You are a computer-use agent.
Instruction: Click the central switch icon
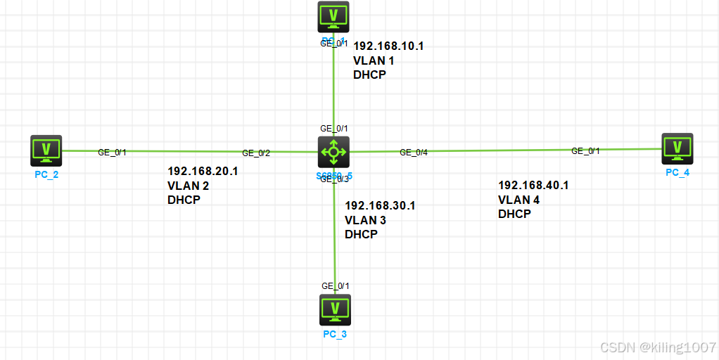pyautogui.click(x=333, y=150)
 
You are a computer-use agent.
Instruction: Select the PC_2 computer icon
pyautogui.click(x=46, y=150)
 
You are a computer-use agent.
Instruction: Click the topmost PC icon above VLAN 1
pyautogui.click(x=333, y=15)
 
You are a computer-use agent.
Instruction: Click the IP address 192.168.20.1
pyautogui.click(x=203, y=171)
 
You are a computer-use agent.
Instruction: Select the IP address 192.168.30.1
pyautogui.click(x=380, y=205)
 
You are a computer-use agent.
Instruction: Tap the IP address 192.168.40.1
pyautogui.click(x=533, y=185)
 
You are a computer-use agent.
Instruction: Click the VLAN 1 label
pyautogui.click(x=374, y=60)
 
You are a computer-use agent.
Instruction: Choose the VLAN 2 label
pyautogui.click(x=188, y=186)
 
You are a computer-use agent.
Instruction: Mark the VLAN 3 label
pyautogui.click(x=365, y=220)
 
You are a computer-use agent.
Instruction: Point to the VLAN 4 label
pyautogui.click(x=518, y=200)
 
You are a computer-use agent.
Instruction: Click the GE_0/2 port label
pyautogui.click(x=256, y=153)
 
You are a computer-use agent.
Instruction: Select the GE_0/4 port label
pyautogui.click(x=414, y=152)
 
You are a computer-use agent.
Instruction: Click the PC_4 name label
pyautogui.click(x=677, y=172)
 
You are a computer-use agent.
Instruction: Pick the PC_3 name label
pyautogui.click(x=335, y=334)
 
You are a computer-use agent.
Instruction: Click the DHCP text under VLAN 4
pyautogui.click(x=514, y=214)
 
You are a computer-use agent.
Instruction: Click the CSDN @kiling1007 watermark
pyautogui.click(x=657, y=347)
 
